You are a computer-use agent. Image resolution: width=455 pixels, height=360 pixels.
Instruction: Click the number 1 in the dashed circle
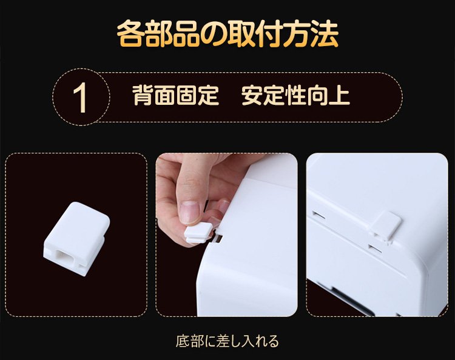pos(80,98)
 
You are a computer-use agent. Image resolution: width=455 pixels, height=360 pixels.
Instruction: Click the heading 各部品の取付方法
pos(227,33)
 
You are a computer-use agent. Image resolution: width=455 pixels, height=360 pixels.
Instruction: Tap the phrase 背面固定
pos(175,95)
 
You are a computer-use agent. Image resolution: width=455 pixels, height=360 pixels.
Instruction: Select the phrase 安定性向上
pos(295,95)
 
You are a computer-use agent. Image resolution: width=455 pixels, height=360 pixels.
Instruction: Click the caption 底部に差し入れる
pos(227,341)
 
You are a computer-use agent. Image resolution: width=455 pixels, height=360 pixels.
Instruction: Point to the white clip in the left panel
pos(76,239)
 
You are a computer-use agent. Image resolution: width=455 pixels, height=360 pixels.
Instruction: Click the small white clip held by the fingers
pos(198,233)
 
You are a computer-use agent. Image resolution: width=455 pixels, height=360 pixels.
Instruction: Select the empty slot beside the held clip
pos(218,238)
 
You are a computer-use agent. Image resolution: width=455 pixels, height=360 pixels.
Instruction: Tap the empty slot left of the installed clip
pos(318,215)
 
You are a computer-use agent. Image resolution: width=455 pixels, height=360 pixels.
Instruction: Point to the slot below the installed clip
pos(376,248)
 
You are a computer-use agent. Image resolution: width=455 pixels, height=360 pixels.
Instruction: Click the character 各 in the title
pos(131,33)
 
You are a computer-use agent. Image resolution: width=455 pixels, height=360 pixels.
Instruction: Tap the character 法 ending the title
pos(325,33)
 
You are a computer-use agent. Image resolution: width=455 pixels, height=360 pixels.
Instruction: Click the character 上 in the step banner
pos(339,95)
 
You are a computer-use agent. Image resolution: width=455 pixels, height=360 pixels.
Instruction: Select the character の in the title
pos(214,34)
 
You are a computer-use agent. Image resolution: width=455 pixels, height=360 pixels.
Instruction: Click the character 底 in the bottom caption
pos(183,341)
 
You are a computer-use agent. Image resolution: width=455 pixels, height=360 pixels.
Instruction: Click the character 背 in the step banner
pos(143,95)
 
